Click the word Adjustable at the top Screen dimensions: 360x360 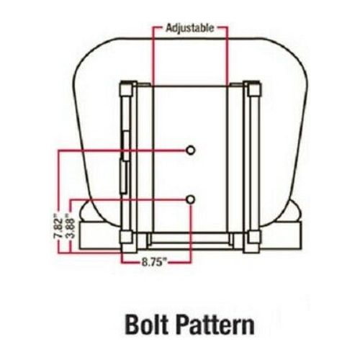point(189,28)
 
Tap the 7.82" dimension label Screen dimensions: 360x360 point(58,226)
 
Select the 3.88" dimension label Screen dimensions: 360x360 point(71,226)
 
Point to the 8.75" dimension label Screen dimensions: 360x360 point(154,262)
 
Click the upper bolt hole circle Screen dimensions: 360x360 point(191,150)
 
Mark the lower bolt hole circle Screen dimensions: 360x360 point(191,199)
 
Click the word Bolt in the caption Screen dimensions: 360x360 point(146,325)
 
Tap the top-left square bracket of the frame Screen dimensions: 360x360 point(127,89)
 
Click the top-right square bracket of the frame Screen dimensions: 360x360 point(253,89)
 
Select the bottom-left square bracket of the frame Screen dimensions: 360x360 point(127,237)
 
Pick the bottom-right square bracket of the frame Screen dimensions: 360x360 point(253,237)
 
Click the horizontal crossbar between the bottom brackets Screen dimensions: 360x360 point(190,239)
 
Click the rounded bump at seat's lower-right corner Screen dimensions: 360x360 point(294,211)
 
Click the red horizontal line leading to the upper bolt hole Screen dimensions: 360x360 point(122,150)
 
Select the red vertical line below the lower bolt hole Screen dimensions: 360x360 point(191,233)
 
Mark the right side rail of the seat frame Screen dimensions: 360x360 point(251,163)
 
